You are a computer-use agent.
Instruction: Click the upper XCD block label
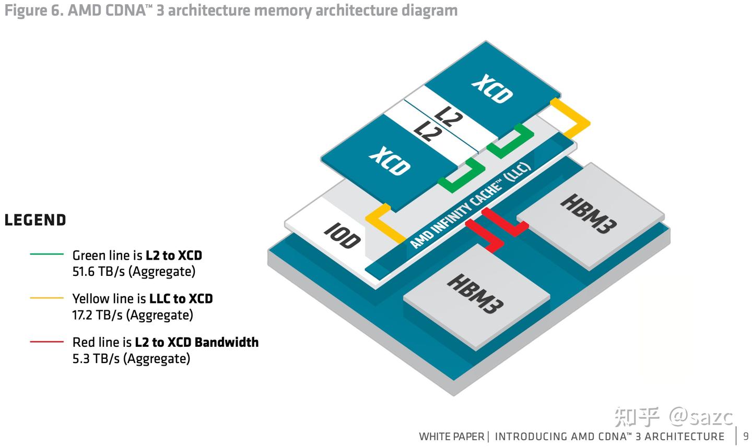(492, 89)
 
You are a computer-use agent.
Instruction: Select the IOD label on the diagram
(343, 236)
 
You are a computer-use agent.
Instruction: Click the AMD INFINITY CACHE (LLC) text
(471, 206)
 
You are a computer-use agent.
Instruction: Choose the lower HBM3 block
(475, 293)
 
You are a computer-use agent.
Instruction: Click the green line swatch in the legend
(47, 255)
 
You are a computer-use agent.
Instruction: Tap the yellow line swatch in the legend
(47, 298)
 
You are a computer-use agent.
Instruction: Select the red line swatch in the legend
(47, 342)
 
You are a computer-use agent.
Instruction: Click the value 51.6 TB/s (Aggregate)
(134, 271)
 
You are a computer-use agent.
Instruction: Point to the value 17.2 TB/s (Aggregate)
(133, 315)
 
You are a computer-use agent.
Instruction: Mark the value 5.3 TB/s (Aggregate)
(131, 359)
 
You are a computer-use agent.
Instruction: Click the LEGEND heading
(36, 221)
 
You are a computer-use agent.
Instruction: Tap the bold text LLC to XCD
(181, 298)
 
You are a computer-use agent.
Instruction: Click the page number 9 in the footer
(746, 436)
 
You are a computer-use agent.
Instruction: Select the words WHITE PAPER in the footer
(452, 437)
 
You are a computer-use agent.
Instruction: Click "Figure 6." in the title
(34, 10)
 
